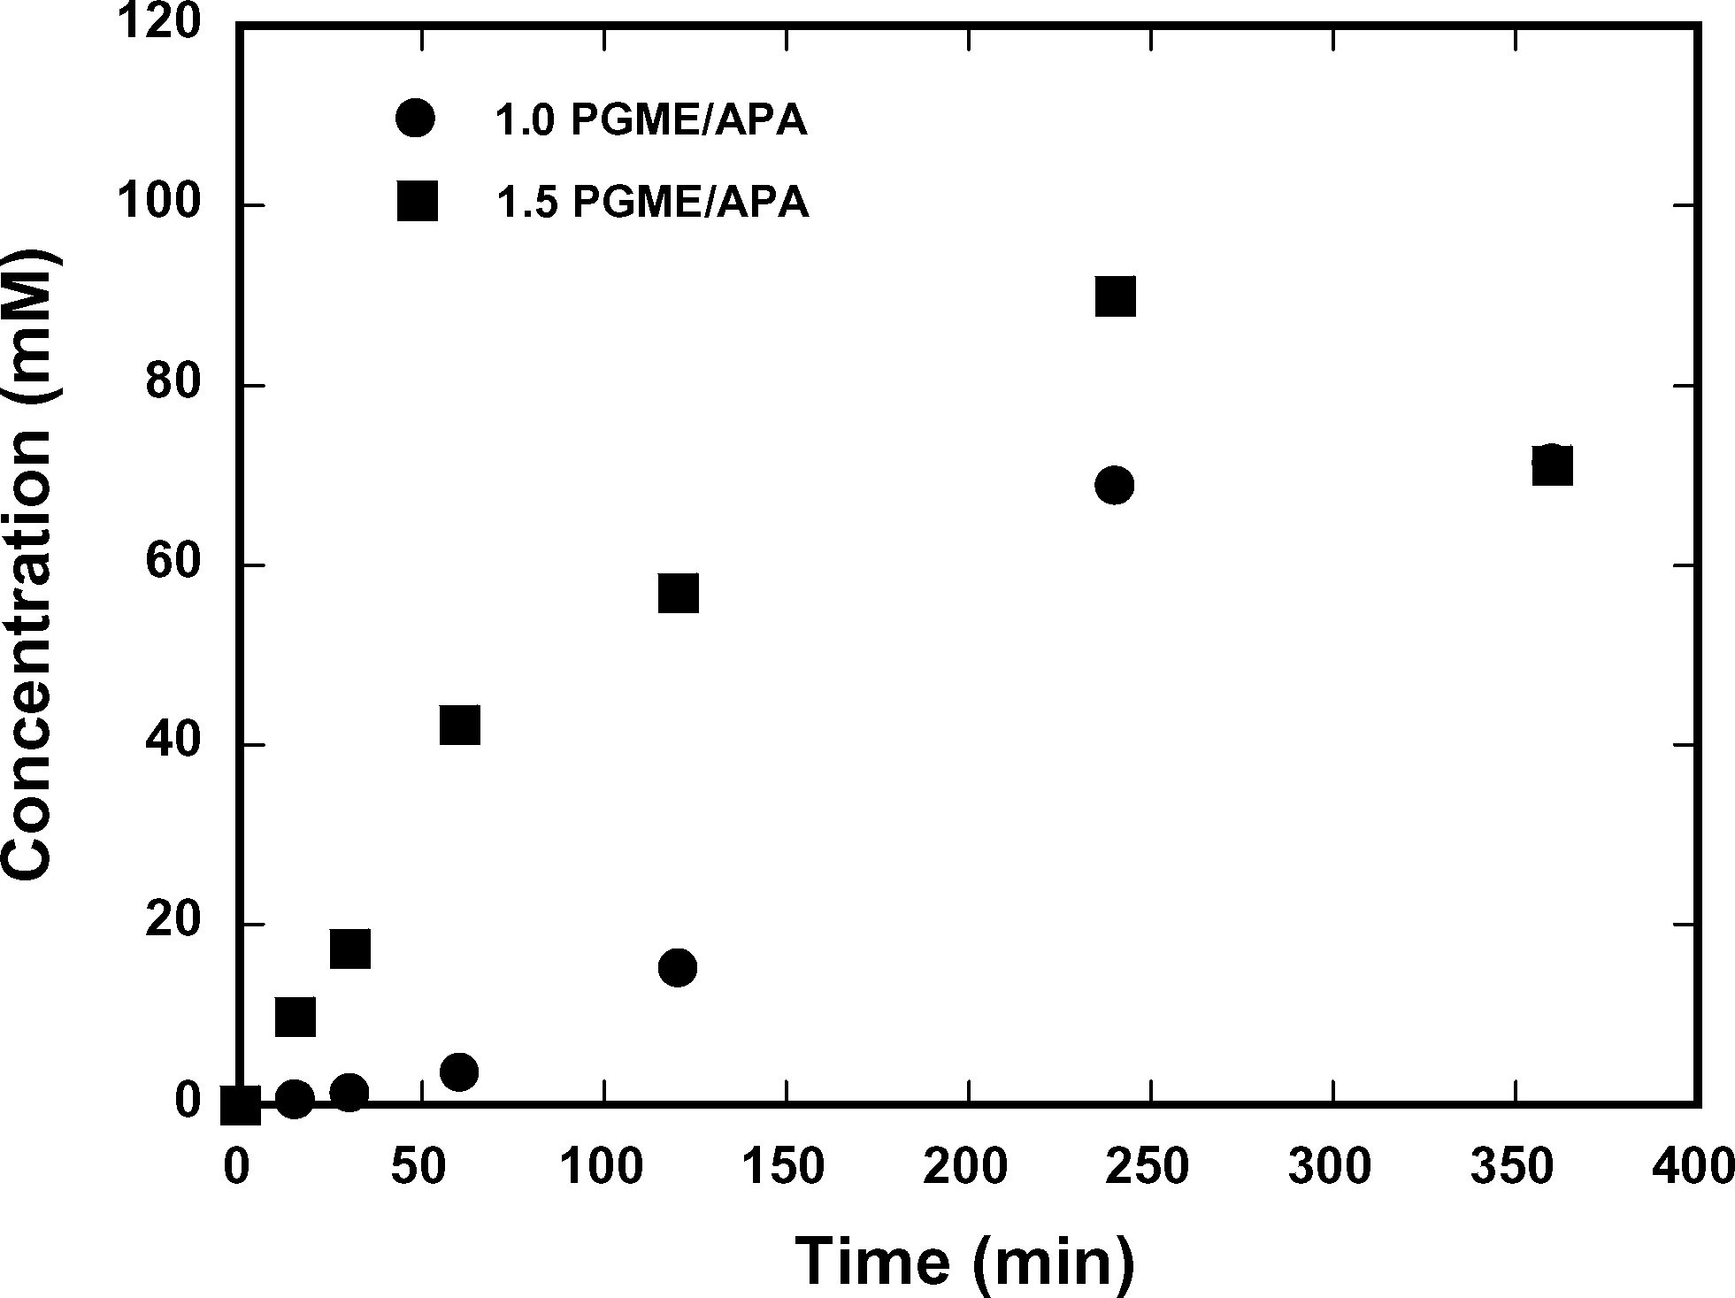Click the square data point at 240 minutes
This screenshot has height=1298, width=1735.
click(x=1115, y=296)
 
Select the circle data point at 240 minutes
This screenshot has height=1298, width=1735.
click(x=1115, y=485)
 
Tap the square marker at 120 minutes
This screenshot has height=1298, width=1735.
click(x=679, y=593)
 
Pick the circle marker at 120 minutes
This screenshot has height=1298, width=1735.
click(x=678, y=968)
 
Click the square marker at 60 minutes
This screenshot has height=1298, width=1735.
click(x=459, y=726)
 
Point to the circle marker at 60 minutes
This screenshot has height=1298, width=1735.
click(x=458, y=1072)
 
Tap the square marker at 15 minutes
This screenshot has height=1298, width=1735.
click(x=296, y=1017)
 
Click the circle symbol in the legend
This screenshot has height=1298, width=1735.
click(x=416, y=119)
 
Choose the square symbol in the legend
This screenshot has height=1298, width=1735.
click(x=417, y=201)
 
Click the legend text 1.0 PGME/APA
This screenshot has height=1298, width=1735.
click(x=650, y=121)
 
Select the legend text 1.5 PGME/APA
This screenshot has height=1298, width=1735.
click(x=652, y=203)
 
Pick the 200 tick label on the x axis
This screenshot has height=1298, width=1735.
click(x=966, y=1167)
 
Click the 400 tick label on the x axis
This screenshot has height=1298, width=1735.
click(x=1693, y=1167)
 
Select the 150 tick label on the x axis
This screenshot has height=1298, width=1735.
click(x=784, y=1167)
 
